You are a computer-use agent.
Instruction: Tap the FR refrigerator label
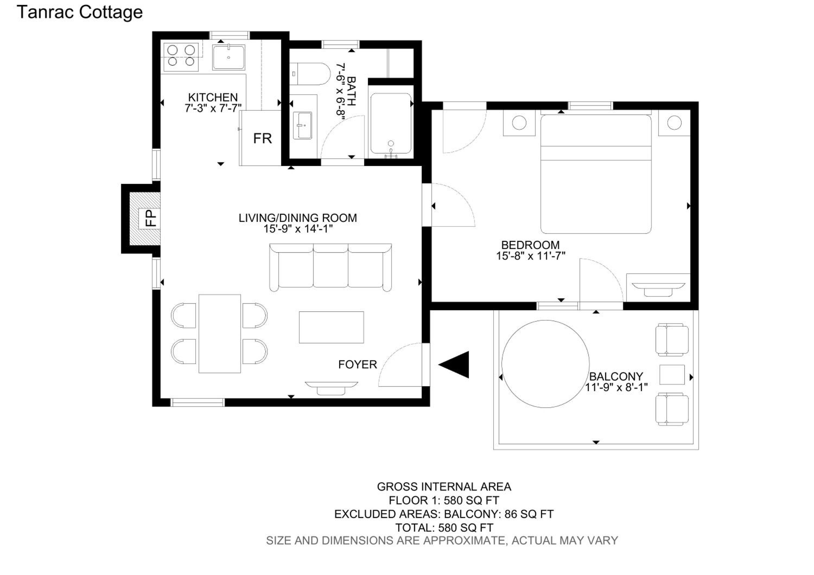[262, 139]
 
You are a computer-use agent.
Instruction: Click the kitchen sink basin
[229, 57]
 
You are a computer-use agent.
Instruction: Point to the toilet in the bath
[310, 74]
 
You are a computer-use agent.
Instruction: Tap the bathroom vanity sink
[303, 125]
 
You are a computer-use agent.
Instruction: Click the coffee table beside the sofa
[331, 327]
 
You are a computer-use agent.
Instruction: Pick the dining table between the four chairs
[220, 334]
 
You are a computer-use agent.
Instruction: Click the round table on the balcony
[545, 364]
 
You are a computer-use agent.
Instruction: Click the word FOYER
[357, 365]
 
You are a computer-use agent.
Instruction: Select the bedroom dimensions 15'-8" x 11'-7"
[530, 256]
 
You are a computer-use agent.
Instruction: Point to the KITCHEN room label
[213, 97]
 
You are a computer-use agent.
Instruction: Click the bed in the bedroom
[596, 174]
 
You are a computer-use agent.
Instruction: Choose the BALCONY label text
[616, 376]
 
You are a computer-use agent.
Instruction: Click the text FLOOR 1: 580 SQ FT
[444, 500]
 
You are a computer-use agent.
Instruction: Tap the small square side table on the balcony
[672, 375]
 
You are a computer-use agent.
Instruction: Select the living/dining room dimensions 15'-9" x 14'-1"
[298, 229]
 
